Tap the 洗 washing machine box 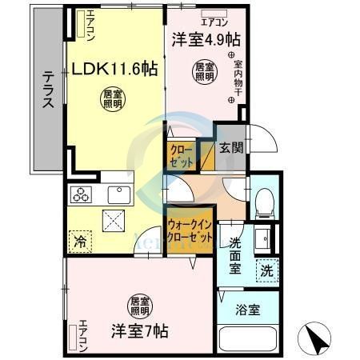(x=266, y=270)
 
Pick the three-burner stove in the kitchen (x=82, y=193)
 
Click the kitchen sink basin (x=119, y=194)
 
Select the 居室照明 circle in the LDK (x=112, y=100)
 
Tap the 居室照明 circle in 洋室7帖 (x=139, y=305)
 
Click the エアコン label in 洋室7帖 (x=82, y=336)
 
